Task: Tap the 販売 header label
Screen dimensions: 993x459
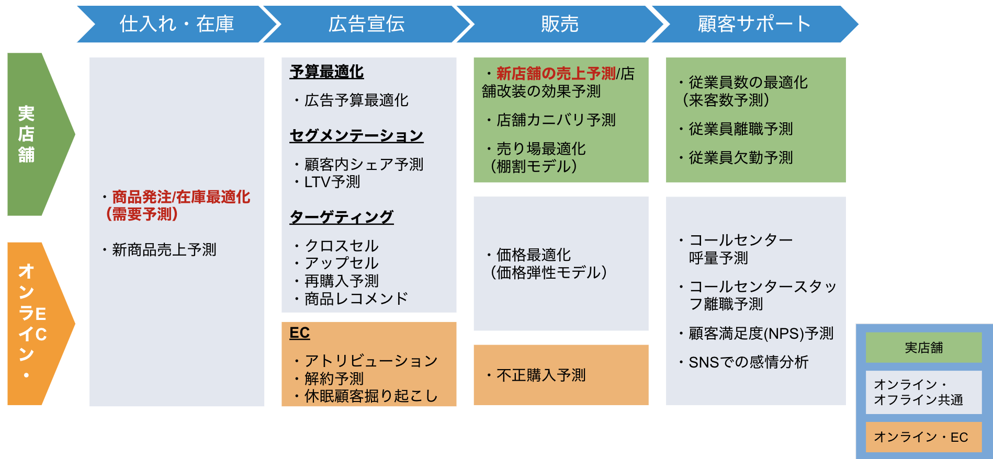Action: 560,24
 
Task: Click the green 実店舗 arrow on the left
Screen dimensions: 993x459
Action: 37,134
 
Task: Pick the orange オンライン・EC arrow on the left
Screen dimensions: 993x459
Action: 37,324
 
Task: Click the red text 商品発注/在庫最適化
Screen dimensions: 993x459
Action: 181,197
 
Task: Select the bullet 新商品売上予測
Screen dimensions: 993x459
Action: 164,250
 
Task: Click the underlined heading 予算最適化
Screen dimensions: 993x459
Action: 326,72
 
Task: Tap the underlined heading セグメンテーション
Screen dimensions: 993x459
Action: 356,136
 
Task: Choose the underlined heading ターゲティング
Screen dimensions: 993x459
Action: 341,217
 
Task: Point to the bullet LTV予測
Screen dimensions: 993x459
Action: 332,182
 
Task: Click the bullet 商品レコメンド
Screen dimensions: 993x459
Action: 356,299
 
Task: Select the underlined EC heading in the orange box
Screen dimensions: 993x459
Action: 300,333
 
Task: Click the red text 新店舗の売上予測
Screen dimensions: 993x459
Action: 556,74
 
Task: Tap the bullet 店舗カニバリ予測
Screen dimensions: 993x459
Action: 556,120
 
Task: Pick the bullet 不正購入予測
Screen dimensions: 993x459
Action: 541,375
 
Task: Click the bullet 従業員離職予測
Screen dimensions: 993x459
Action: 741,129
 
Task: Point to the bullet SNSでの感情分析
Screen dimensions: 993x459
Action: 749,362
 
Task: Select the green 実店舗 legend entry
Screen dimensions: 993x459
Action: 924,348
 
